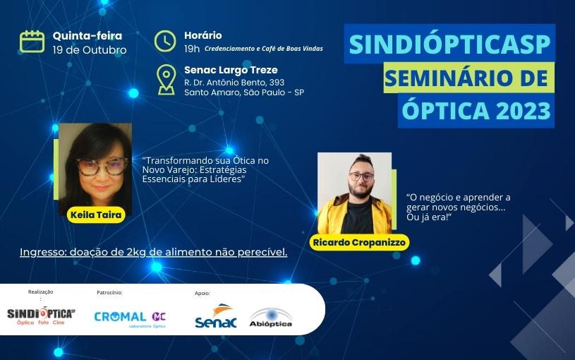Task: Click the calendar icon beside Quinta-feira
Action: coord(32,42)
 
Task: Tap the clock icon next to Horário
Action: coord(165,41)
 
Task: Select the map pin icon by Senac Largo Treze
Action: coord(166,80)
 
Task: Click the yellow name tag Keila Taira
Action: coord(96,215)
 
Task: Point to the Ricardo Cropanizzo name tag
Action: coord(359,243)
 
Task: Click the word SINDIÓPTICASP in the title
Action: coord(449,44)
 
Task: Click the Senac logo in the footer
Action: coord(216,316)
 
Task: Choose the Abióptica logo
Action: coord(271,318)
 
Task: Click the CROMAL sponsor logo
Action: coord(131,318)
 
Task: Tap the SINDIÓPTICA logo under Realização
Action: coord(41,316)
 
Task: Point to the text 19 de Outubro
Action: coord(90,50)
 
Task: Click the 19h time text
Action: coord(192,49)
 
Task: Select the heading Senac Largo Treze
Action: coord(231,70)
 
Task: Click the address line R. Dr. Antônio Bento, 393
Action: coord(234,82)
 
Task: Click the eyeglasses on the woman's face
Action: coord(102,167)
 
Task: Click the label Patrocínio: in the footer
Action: coord(109,292)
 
